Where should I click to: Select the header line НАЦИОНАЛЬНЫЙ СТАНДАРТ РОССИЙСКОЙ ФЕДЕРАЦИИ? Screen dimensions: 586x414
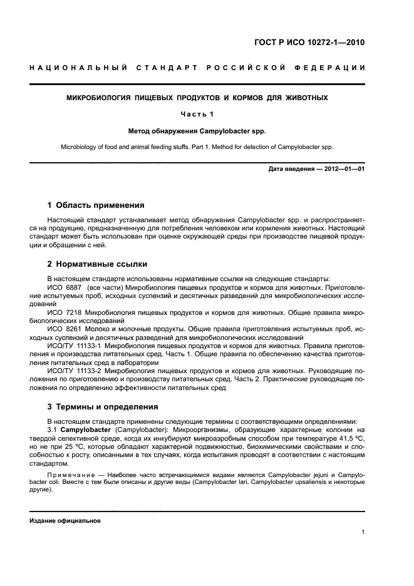pyautogui.click(x=197, y=67)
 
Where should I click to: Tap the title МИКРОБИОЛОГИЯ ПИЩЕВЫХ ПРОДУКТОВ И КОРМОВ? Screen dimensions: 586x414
pyautogui.click(x=197, y=98)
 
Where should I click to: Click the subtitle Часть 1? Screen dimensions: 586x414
pyautogui.click(x=197, y=114)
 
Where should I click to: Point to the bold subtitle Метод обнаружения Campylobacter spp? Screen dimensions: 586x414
pyautogui.click(x=197, y=132)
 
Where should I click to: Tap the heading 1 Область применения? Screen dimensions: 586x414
pyautogui.click(x=96, y=205)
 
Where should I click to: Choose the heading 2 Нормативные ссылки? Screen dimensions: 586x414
pyautogui.click(x=97, y=264)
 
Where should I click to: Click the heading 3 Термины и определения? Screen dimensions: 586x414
pyautogui.click(x=104, y=407)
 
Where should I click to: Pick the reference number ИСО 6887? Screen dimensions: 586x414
pyautogui.click(x=61, y=287)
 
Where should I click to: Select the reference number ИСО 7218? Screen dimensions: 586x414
pyautogui.click(x=61, y=311)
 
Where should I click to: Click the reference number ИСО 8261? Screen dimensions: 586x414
pyautogui.click(x=61, y=328)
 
